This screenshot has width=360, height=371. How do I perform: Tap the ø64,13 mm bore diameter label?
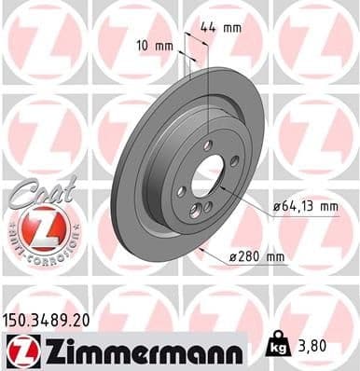304,206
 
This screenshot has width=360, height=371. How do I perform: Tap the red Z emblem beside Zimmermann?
21,350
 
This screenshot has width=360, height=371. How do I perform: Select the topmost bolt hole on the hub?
207,144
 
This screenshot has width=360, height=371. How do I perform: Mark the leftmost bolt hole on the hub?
182,191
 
